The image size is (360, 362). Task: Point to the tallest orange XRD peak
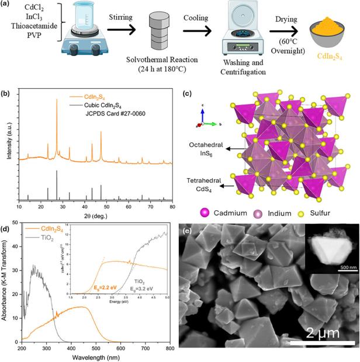(x=57, y=100)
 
